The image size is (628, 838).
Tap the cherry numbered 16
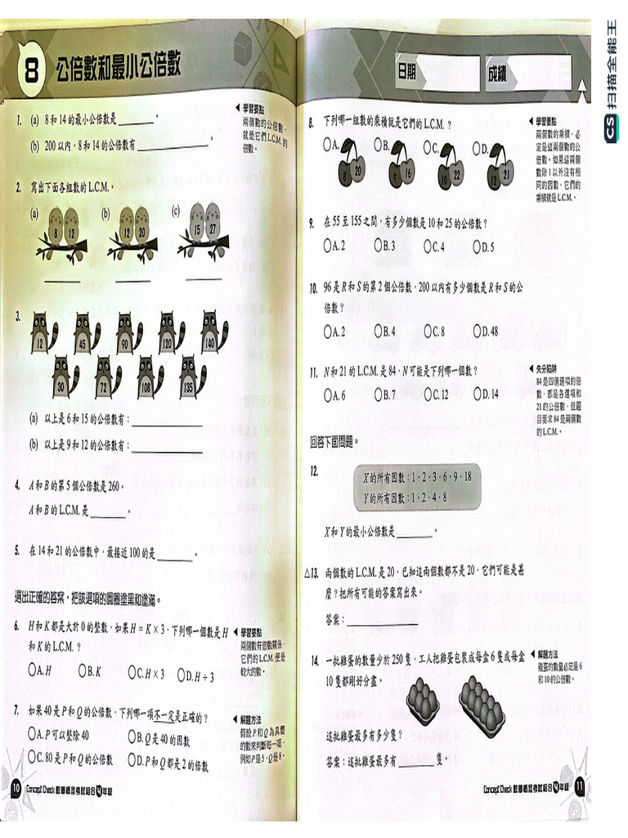point(407,167)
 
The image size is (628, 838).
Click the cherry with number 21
point(506,168)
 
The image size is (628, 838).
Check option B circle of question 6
point(83,670)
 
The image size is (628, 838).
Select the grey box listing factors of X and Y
point(416,487)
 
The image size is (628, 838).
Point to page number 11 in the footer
point(580,787)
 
